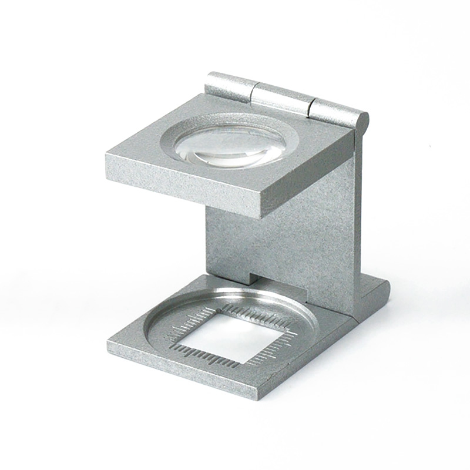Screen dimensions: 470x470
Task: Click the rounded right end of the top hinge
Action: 362,122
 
